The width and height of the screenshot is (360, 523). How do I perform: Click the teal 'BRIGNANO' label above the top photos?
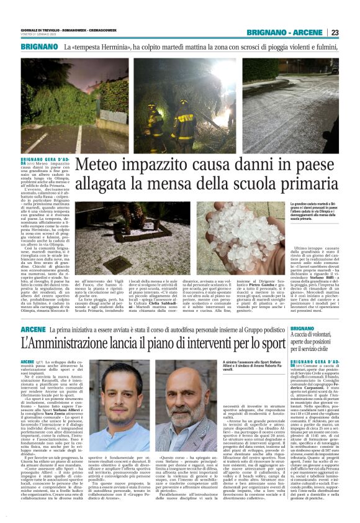click(x=39, y=47)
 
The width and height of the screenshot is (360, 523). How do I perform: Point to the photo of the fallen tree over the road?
click(x=75, y=106)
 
